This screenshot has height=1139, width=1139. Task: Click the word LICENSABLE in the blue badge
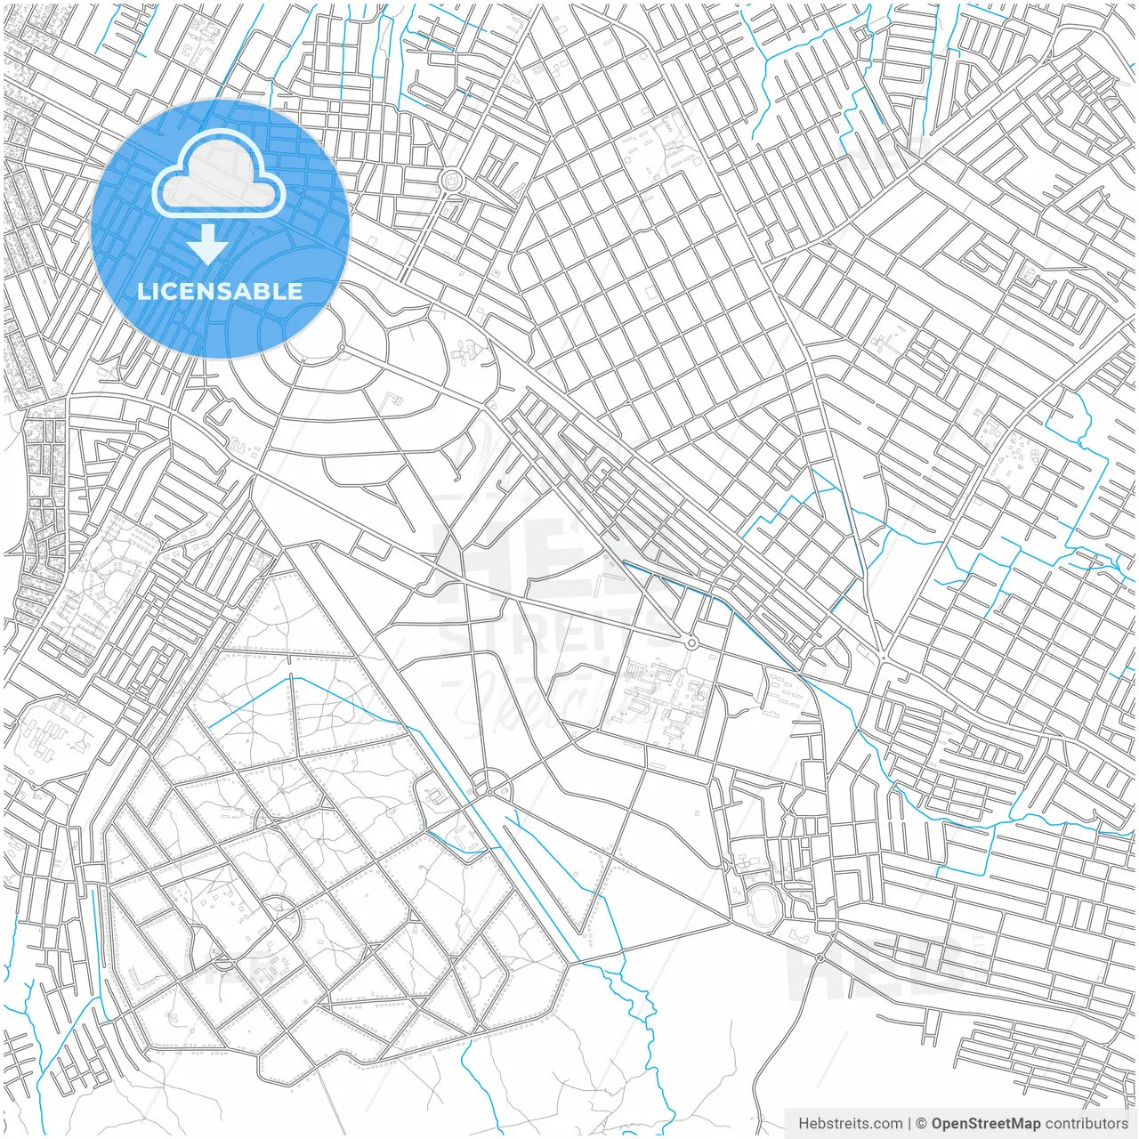[x=220, y=292]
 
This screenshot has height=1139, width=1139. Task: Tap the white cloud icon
[x=219, y=178]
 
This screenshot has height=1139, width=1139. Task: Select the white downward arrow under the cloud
[x=207, y=245]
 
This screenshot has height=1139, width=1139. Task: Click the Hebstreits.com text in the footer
[x=850, y=1124]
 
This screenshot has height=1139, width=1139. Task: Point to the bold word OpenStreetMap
[x=986, y=1124]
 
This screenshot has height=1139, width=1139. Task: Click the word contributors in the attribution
[x=1086, y=1124]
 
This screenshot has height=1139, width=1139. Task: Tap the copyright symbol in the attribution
[x=922, y=1124]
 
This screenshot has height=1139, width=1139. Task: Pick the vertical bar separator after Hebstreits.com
[x=909, y=1124]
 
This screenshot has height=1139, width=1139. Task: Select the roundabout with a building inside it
[x=452, y=181]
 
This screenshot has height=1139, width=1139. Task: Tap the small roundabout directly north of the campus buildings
[x=691, y=642]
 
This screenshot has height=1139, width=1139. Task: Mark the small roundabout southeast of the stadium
[x=820, y=957]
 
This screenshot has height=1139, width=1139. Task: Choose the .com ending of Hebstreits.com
[x=886, y=1124]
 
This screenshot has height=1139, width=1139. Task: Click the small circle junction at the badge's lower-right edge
[x=341, y=346]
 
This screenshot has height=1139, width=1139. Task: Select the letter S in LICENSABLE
[x=222, y=292]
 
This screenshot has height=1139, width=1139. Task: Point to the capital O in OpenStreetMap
[x=938, y=1124]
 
